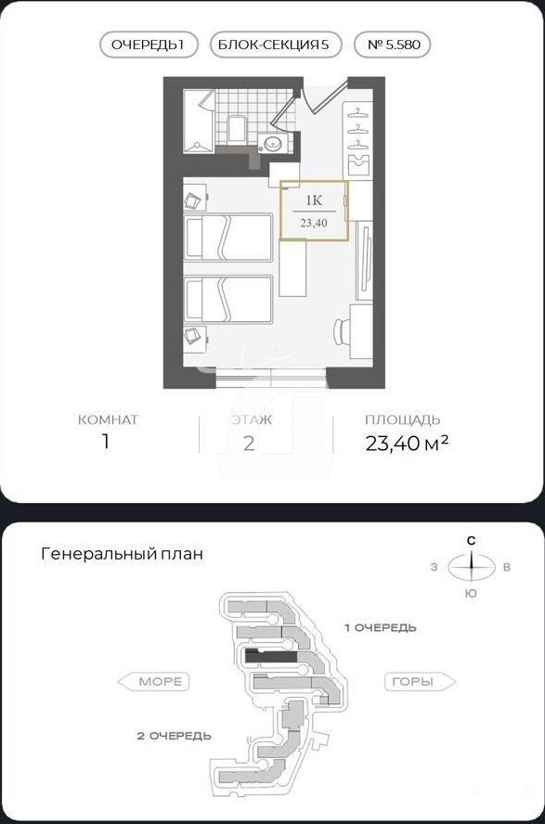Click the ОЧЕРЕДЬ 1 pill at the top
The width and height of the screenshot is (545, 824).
[149, 45]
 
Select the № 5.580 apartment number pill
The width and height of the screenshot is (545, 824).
[394, 45]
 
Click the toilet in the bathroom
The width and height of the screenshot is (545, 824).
[238, 129]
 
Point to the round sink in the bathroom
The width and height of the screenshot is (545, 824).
[273, 142]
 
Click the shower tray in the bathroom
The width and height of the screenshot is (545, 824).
[198, 122]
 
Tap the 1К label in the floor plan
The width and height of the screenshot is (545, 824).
[314, 200]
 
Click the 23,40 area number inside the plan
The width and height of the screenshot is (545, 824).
[314, 223]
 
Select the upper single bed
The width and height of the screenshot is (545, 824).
[228, 237]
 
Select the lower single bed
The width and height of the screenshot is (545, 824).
[228, 299]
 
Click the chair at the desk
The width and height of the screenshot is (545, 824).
[341, 330]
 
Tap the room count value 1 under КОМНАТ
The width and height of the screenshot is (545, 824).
[106, 442]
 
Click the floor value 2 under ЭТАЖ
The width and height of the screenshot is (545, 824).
[249, 443]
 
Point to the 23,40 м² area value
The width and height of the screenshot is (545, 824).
[407, 443]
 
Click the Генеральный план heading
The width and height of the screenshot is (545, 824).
[122, 554]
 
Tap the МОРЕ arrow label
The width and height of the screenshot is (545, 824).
[153, 682]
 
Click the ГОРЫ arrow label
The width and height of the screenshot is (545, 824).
[421, 682]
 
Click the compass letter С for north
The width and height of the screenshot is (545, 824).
[472, 541]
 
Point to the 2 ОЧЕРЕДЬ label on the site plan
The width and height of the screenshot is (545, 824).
[174, 736]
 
